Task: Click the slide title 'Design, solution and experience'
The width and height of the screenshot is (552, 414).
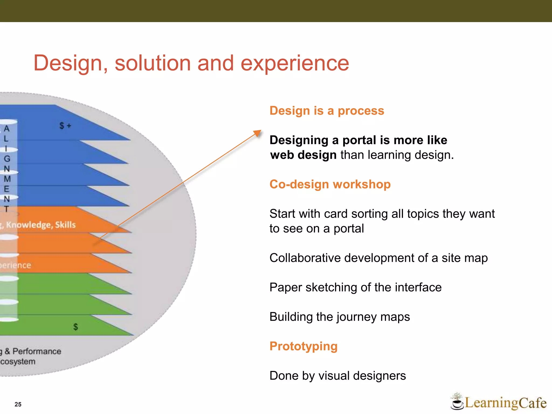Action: (191, 63)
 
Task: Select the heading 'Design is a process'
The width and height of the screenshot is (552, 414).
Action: (327, 111)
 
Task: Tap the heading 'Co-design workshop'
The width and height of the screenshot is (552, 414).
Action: (330, 184)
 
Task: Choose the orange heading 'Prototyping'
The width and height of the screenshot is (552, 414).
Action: (303, 346)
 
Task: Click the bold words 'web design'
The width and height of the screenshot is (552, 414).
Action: (303, 155)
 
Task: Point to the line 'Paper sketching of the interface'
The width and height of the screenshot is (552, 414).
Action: (355, 287)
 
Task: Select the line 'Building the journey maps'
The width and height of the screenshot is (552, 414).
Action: (340, 317)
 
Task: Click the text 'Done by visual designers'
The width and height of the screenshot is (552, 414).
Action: (337, 375)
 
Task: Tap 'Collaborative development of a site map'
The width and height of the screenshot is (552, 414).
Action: (378, 258)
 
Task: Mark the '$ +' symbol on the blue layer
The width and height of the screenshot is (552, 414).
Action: (65, 126)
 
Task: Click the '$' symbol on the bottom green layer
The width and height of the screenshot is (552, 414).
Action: (75, 327)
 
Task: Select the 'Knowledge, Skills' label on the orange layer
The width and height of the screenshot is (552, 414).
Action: (40, 225)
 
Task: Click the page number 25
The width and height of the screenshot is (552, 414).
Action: (18, 404)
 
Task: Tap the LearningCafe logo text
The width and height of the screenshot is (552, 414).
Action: (505, 403)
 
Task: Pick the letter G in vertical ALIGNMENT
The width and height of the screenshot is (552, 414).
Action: (7, 159)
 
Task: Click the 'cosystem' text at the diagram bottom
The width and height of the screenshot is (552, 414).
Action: (18, 361)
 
